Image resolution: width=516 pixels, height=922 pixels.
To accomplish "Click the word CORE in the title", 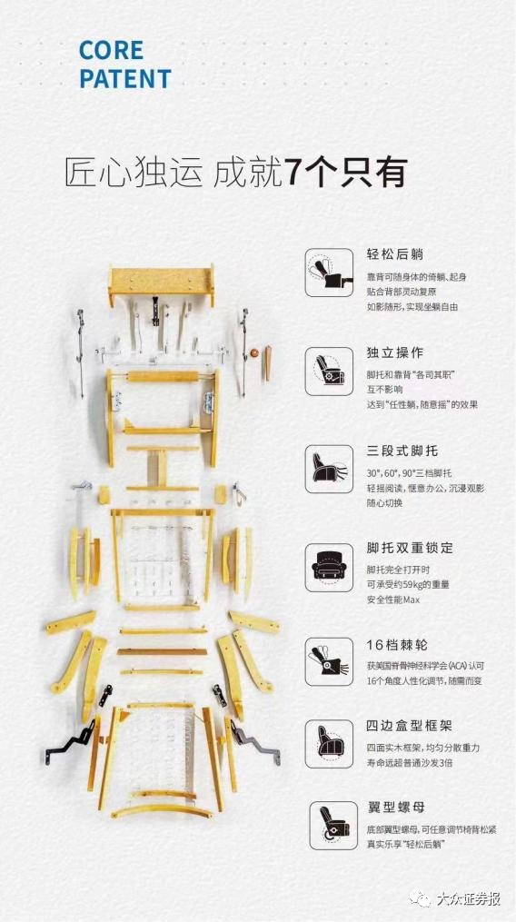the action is [x=111, y=51].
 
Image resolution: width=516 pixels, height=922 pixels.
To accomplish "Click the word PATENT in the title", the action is [x=125, y=79].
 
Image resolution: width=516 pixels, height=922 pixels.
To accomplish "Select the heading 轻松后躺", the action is [x=395, y=254].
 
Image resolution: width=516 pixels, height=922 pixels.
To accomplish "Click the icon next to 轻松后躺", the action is [x=329, y=273].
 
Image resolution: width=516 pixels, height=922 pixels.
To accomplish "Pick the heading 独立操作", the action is [x=395, y=352].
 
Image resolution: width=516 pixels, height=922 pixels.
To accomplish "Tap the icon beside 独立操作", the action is [x=329, y=371].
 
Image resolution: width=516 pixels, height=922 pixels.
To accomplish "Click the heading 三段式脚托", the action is [x=402, y=451].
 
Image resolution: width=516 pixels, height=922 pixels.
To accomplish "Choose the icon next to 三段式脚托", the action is [x=329, y=469].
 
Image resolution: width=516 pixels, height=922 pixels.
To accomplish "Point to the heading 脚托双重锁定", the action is [x=410, y=548].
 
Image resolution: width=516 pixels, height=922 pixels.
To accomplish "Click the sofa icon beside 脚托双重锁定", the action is [x=329, y=568].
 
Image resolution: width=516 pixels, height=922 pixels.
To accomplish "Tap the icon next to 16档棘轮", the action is [x=329, y=661].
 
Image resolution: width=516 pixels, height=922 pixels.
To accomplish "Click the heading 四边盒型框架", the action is [x=409, y=726].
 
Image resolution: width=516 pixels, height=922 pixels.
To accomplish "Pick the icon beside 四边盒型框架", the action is [x=329, y=743].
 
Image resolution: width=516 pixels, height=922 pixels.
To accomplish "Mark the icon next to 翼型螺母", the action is [x=333, y=825].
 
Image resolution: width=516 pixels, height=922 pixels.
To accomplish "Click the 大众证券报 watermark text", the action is [x=468, y=899].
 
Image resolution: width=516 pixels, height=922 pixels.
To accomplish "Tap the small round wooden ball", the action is [x=254, y=352].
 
